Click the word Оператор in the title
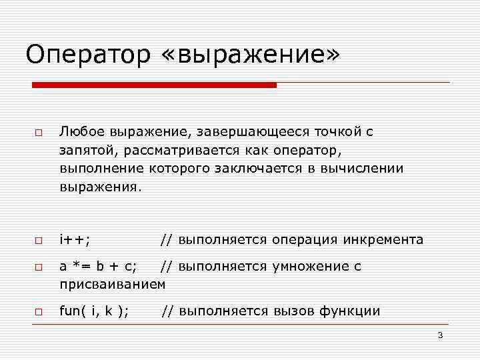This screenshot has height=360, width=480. coord(89,55)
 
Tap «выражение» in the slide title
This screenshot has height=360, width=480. coord(250,55)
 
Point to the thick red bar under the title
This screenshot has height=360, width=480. coord(155,85)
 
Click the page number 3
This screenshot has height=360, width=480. coord(440,335)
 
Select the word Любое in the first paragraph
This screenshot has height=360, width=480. coord(78,131)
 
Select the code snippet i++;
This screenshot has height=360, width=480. coord(75,239)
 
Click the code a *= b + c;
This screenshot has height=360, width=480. coord(99,267)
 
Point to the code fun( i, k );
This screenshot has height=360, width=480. coord(95,311)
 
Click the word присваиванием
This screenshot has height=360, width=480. coord(113,285)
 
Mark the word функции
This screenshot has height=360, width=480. coord(351,311)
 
